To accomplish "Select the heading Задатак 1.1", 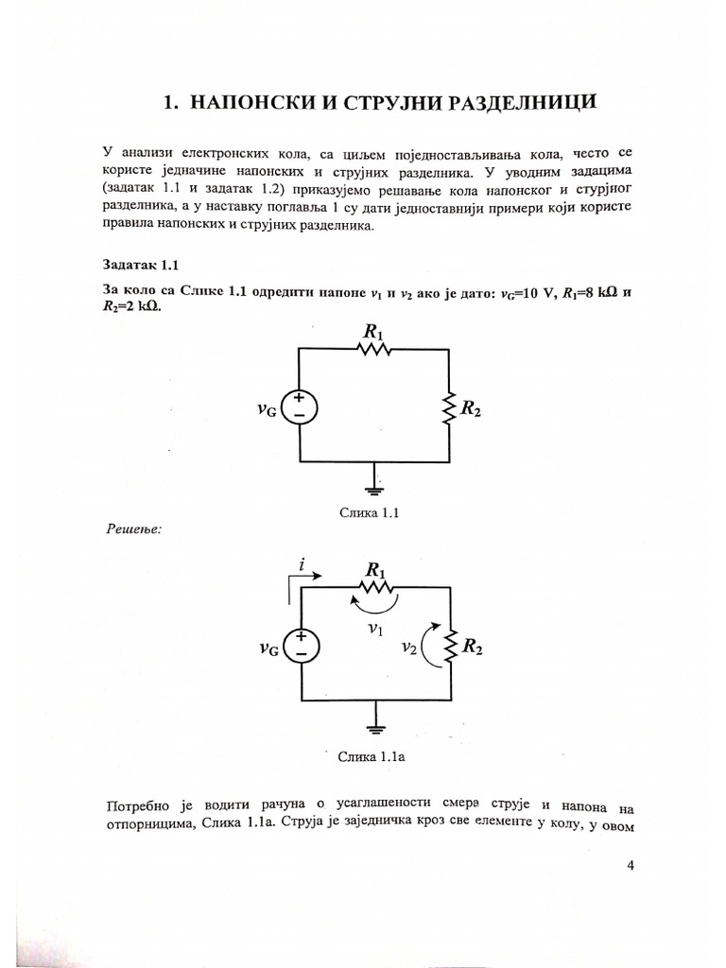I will (135, 266).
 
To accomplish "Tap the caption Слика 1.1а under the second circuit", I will (371, 756).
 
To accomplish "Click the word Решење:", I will (132, 529).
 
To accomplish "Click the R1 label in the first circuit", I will (372, 331).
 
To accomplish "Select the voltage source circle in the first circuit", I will (299, 406).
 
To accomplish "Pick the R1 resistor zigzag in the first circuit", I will (374, 349).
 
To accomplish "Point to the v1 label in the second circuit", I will (375, 627).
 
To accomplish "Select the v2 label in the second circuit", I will (408, 648).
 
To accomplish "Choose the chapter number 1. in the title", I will (171, 104).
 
